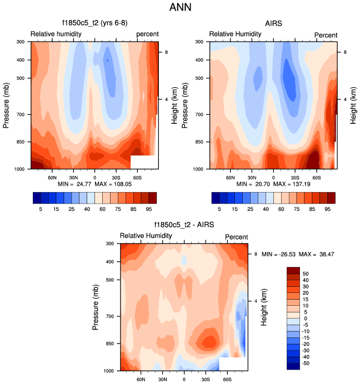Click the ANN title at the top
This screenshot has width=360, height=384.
[x=180, y=8]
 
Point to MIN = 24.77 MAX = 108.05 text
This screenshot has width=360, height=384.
[x=93, y=183]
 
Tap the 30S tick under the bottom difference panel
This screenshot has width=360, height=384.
[x=206, y=380]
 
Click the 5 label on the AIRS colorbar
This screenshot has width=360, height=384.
[x=219, y=210]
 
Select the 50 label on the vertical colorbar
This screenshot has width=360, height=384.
[x=306, y=274]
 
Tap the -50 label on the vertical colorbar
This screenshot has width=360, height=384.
[x=307, y=363]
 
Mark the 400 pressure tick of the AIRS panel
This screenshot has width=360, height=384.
[x=200, y=60]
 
